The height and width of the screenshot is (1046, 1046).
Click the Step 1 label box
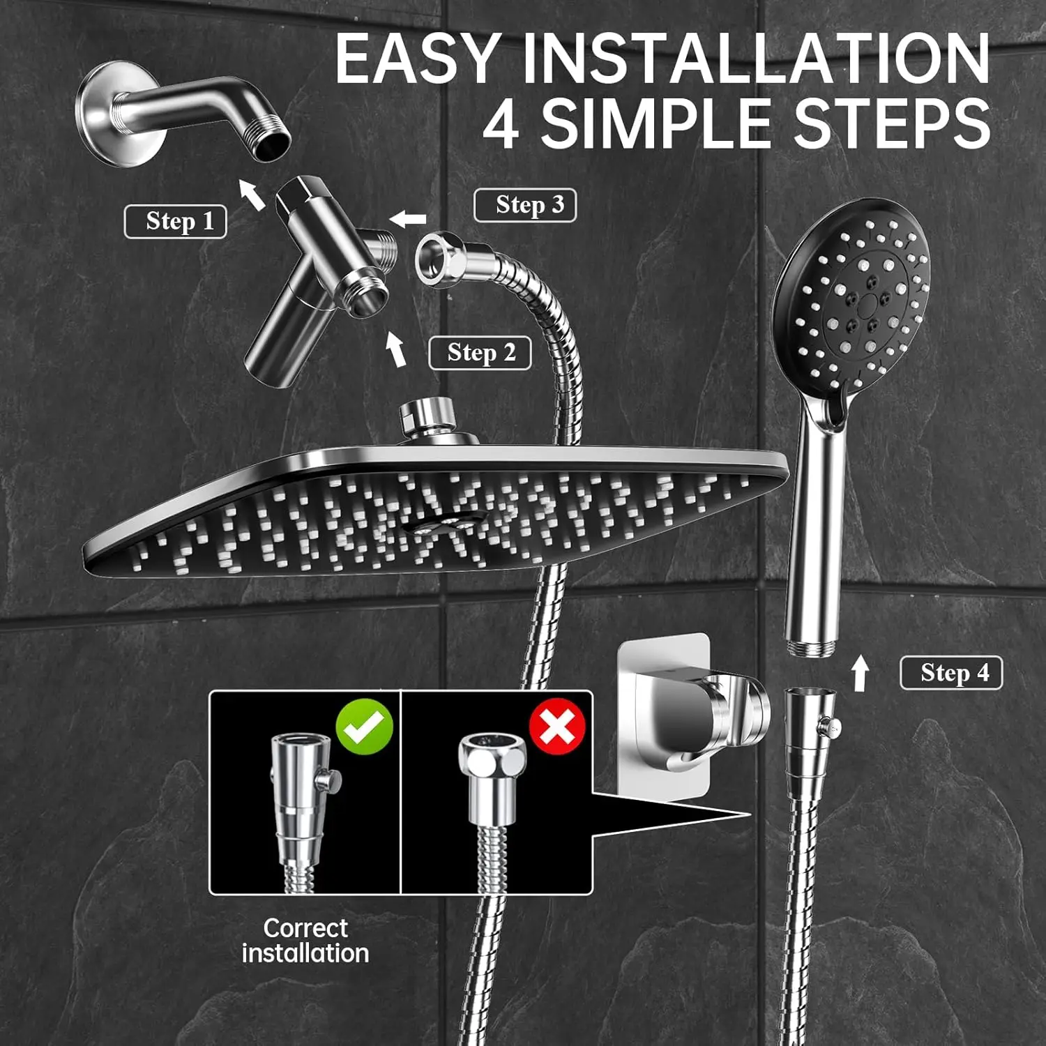(176, 222)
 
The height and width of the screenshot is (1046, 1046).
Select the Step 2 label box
(480, 353)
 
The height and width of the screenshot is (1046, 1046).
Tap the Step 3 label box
(525, 205)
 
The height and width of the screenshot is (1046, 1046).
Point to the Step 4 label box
(951, 673)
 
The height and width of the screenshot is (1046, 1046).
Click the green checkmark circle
(365, 727)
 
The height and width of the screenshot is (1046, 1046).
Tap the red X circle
(557, 727)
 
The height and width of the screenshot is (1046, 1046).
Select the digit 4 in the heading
(501, 124)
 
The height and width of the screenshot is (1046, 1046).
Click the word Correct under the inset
(305, 928)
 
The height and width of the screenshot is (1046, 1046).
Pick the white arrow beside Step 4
(861, 673)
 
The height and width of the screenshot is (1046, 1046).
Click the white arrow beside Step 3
(408, 219)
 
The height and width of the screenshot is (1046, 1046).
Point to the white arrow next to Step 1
(252, 194)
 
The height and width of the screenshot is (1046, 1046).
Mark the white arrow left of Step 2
(396, 349)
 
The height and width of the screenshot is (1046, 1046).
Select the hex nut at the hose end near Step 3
(439, 259)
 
